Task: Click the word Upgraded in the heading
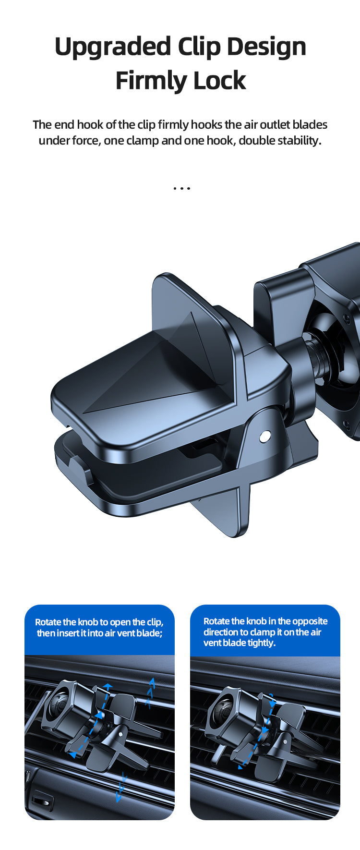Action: click(x=113, y=47)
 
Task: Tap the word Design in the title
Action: click(x=266, y=47)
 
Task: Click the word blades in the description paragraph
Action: click(x=310, y=124)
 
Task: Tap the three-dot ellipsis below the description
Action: click(x=181, y=188)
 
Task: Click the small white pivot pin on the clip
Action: click(x=264, y=436)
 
